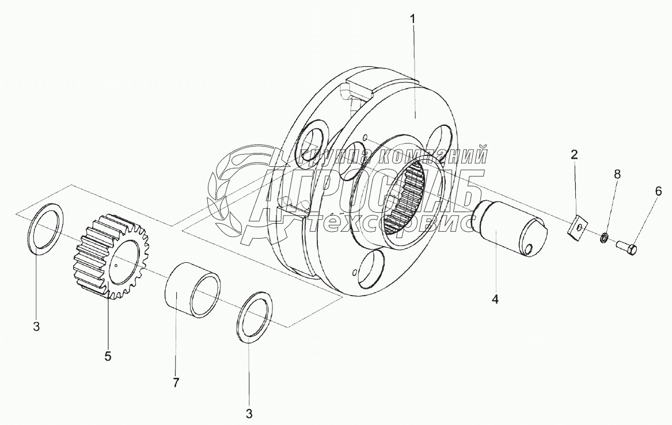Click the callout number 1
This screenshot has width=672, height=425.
[x=412, y=18]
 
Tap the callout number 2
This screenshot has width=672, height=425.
[x=574, y=154]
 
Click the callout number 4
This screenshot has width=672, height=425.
[x=495, y=299]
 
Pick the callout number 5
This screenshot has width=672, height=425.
[x=108, y=356]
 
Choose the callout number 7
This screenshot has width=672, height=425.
[x=177, y=382]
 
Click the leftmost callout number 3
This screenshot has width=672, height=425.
[x=36, y=327]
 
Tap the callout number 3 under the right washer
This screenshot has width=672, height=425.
[x=249, y=413]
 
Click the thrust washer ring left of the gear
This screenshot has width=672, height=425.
[x=46, y=229]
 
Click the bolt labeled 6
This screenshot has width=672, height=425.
[x=627, y=248]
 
